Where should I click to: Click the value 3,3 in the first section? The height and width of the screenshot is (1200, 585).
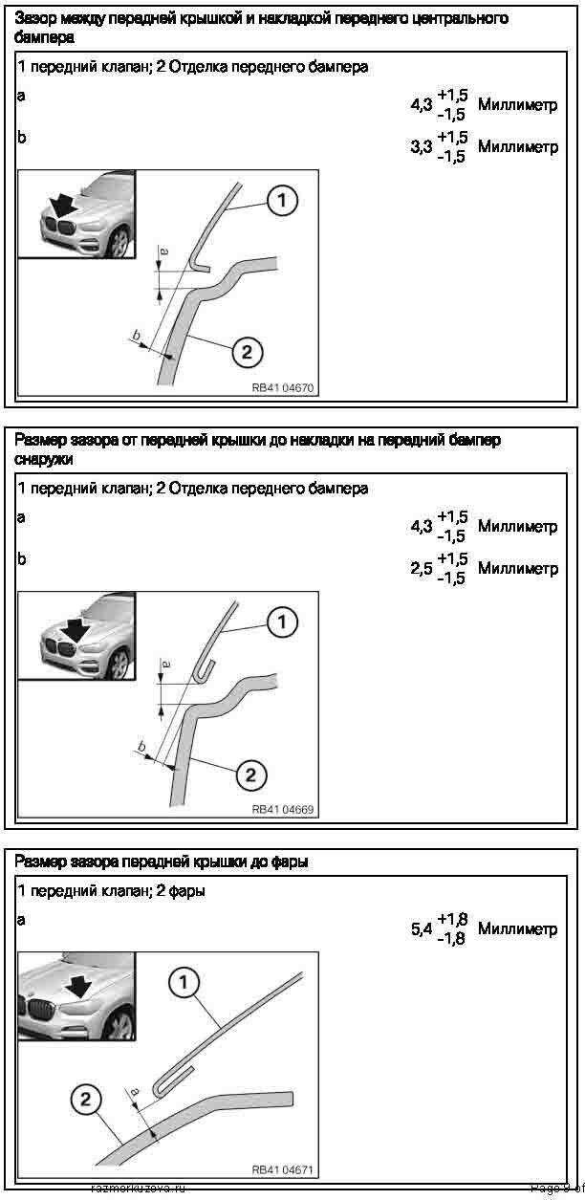pos(422,148)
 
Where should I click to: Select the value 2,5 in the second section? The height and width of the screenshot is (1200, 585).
pos(422,569)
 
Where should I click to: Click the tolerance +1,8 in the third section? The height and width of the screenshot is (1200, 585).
pos(451,920)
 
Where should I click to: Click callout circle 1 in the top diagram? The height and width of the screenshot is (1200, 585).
pos(282,201)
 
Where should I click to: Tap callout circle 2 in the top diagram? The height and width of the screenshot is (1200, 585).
pos(247,353)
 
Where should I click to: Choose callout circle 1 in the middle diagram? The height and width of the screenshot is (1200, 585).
pos(282,623)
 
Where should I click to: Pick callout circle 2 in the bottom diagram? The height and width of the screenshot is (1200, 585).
pos(86,1101)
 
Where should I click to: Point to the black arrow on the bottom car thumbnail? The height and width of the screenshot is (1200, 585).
pos(79,984)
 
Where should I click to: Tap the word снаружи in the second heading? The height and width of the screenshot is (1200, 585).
pos(44,459)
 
